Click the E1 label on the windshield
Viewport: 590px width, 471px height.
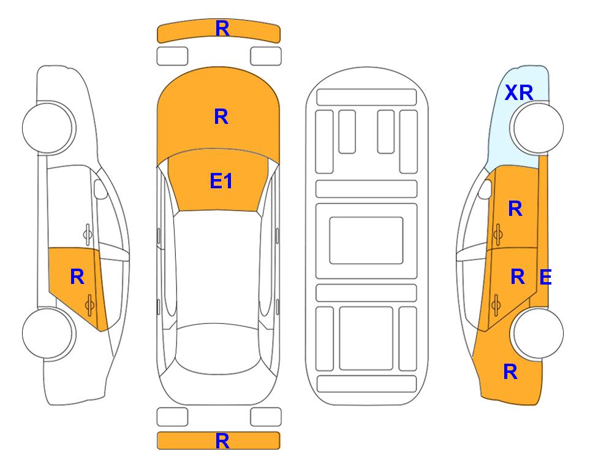point(221,181)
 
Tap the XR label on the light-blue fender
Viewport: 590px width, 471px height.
point(519,93)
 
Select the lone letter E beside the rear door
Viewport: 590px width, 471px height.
point(545,277)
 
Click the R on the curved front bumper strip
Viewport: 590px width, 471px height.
point(222,29)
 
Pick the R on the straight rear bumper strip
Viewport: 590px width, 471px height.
point(222,441)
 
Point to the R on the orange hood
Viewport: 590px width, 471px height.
point(221,117)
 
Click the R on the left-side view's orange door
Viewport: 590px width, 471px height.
point(77,277)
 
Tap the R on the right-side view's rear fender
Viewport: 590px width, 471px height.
point(510,372)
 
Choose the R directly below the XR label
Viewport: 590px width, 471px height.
point(515,209)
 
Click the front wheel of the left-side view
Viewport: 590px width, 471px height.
point(48,128)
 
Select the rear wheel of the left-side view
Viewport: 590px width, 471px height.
point(48,333)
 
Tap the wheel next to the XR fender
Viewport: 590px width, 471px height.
point(538,128)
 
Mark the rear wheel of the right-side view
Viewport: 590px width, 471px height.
point(538,333)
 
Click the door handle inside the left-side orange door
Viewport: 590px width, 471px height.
point(89,305)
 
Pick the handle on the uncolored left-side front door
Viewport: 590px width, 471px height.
point(88,235)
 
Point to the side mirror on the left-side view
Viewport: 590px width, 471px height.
point(100,189)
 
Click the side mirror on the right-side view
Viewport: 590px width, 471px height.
point(485,189)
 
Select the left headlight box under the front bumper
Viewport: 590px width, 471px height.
point(172,56)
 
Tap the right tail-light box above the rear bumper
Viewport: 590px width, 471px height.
point(266,417)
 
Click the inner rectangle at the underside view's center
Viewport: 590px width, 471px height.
point(366,240)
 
